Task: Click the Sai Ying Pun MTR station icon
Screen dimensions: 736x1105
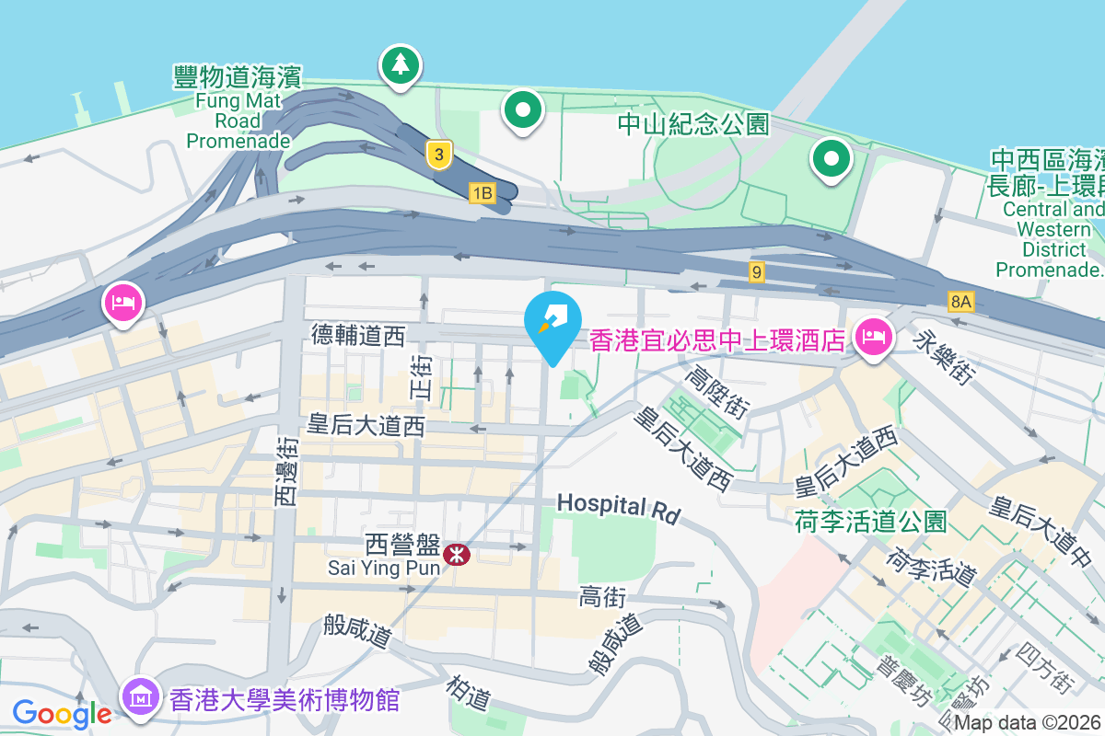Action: [455, 554]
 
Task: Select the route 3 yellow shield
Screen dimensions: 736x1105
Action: [440, 155]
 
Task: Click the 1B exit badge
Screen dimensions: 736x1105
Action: [482, 193]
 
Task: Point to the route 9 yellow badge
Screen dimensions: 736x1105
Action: [757, 271]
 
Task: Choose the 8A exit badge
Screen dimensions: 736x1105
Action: [961, 301]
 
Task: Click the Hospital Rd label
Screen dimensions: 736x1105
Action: [618, 507]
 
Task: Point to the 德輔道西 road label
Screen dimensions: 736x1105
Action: [358, 336]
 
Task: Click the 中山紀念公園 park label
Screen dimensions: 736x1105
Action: [692, 124]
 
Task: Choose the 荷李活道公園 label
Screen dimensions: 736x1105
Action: [870, 523]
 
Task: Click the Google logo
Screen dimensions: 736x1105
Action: [62, 712]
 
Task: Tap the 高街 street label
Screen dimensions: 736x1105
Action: [603, 598]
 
